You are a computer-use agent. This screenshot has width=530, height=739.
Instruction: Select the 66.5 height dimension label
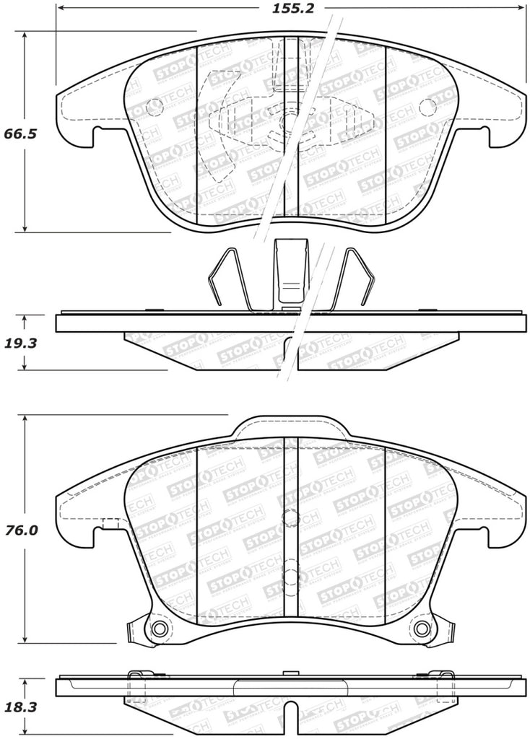pos(19,134)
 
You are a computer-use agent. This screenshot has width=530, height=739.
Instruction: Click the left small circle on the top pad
pos(155,108)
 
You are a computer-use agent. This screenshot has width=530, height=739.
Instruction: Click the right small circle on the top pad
pos(428,108)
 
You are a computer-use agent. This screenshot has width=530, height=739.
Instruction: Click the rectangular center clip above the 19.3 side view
pos(292,272)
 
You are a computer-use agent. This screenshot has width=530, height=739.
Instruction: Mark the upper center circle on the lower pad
pos(290,517)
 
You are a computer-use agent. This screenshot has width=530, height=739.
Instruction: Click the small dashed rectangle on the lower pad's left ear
pos(110,524)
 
